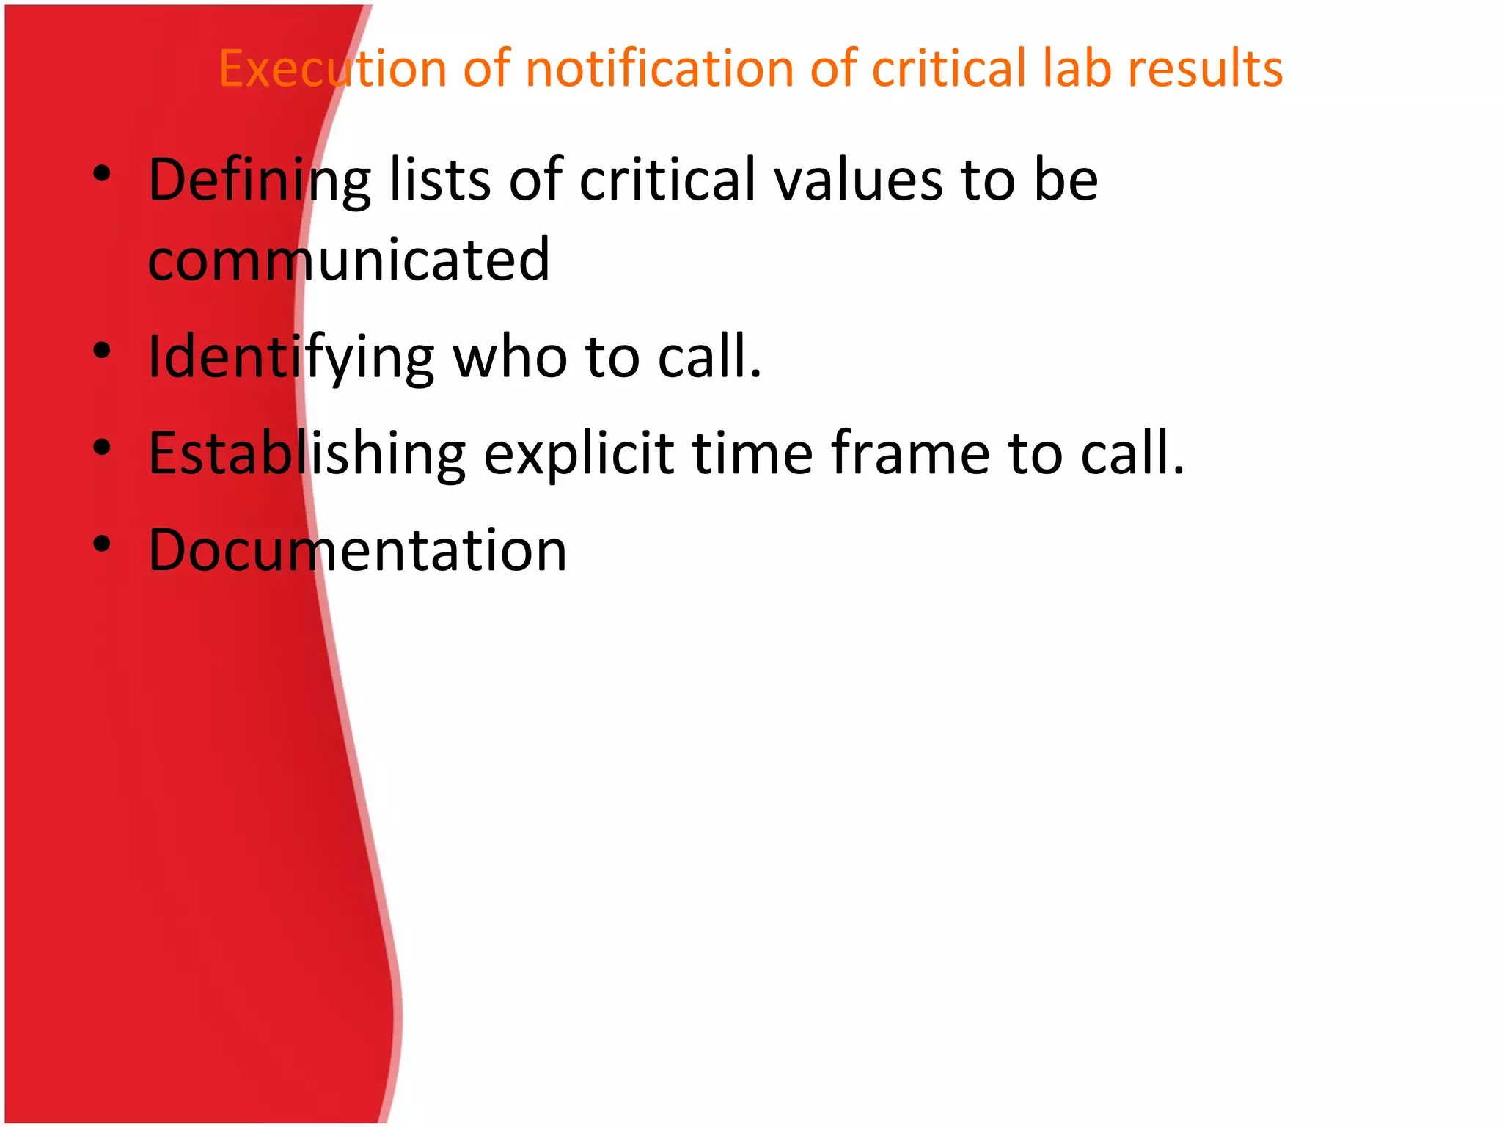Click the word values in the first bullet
pos(859,179)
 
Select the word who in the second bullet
pos(510,357)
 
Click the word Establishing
pos(307,454)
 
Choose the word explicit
pos(579,454)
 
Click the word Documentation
pos(358,550)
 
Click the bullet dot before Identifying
pos(102,350)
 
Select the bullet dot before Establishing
pos(102,447)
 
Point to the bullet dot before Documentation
pos(102,544)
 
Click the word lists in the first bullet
pos(439,179)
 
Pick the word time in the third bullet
pos(752,453)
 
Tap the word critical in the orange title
pos(948,68)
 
